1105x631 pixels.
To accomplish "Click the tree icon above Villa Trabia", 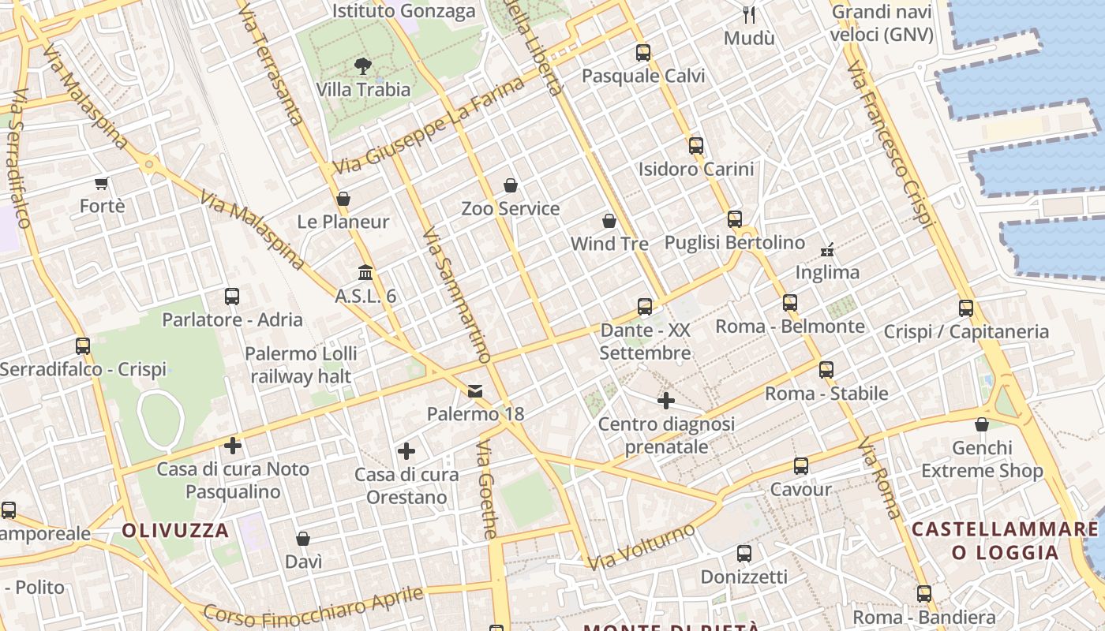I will (x=363, y=65).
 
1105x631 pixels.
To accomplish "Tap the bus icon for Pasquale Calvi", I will (x=643, y=53).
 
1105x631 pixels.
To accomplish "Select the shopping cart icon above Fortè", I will (x=101, y=184).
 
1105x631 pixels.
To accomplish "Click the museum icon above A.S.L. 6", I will (x=365, y=273).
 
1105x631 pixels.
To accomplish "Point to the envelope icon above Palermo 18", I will (x=475, y=390).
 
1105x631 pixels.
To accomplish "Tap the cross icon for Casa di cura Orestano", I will (x=406, y=451).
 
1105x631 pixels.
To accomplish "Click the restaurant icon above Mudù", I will (x=749, y=14).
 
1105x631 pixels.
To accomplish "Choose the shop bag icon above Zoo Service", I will (x=511, y=185).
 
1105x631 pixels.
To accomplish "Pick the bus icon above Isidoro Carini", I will (x=695, y=145).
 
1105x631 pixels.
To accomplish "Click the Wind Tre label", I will (x=609, y=244).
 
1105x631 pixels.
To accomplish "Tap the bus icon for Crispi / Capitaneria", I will (x=966, y=308).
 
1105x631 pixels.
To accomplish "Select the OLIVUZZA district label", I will (x=175, y=530).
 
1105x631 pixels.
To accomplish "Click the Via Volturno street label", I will (x=642, y=546).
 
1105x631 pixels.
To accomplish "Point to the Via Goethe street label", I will (x=487, y=489).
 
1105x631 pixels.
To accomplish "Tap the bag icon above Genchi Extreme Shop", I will (x=982, y=425).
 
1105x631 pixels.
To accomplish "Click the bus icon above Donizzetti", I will (x=744, y=554).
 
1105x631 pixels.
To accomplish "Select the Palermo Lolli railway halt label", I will (x=301, y=364).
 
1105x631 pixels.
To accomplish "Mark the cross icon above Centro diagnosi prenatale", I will (x=666, y=401).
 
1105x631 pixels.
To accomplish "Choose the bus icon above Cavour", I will (x=801, y=466).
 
